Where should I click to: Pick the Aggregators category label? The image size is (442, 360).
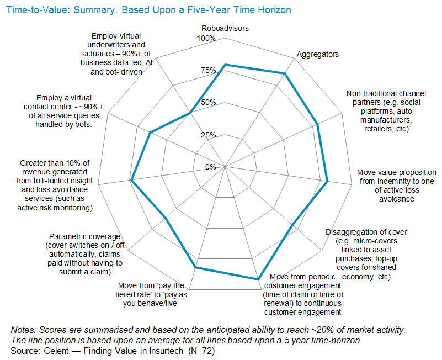(x=318, y=54)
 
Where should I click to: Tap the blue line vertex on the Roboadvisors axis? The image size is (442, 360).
(x=225, y=65)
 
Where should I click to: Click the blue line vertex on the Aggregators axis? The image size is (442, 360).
(x=285, y=73)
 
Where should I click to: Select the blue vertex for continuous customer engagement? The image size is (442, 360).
(x=258, y=280)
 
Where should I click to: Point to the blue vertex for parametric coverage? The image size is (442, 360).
(x=167, y=219)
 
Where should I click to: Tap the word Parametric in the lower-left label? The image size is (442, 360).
(x=68, y=236)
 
